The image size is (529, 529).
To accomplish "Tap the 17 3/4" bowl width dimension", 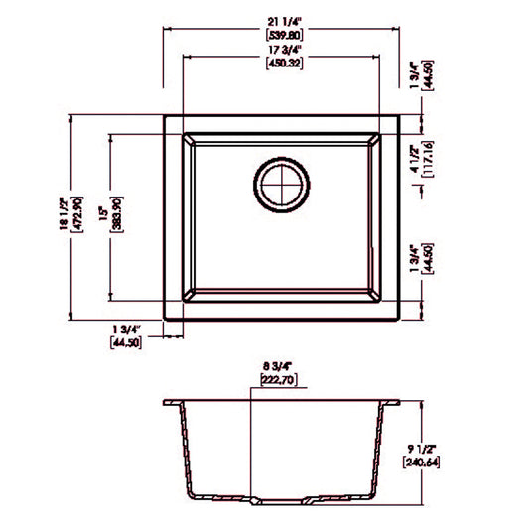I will click(283, 53).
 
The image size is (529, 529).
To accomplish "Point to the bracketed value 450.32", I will click(283, 67).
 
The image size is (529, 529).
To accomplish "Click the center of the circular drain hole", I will click(283, 183).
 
